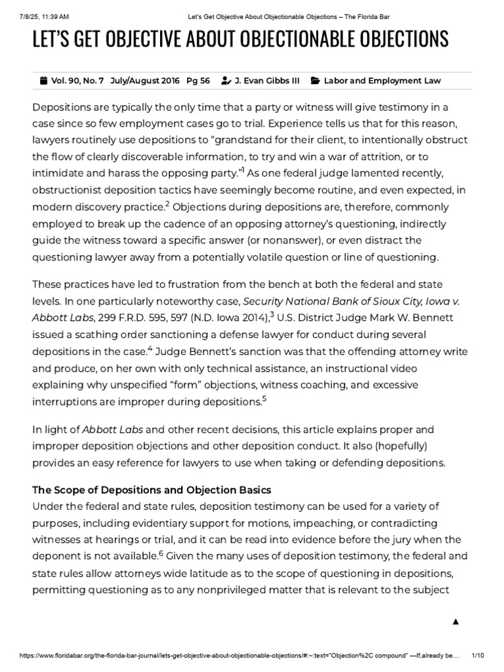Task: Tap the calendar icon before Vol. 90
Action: tap(44, 81)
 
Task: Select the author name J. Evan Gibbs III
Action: tap(268, 81)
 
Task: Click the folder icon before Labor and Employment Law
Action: tap(315, 81)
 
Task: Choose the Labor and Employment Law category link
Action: tap(382, 81)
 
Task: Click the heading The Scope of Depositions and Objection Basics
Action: tap(152, 490)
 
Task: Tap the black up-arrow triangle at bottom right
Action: tap(455, 621)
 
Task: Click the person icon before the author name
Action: tap(226, 81)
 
